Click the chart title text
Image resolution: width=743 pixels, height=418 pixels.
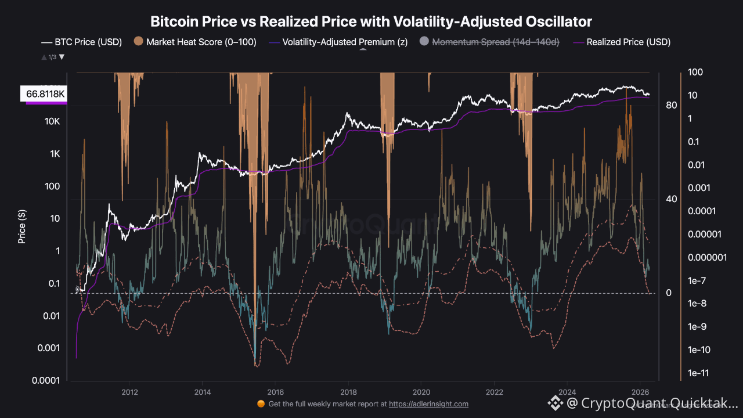pyautogui.click(x=371, y=22)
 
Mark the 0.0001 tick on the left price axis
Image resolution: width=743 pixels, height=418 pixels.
pyautogui.click(x=48, y=381)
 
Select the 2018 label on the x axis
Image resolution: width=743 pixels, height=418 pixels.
pyautogui.click(x=348, y=392)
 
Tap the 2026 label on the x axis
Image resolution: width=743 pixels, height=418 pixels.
pyautogui.click(x=640, y=392)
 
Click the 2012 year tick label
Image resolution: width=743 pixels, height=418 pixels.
pyautogui.click(x=129, y=392)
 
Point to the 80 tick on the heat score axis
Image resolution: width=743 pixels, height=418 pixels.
pyautogui.click(x=672, y=105)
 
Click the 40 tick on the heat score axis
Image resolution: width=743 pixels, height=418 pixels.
pyautogui.click(x=672, y=199)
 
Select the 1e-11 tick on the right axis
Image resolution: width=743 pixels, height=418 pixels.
pyautogui.click(x=698, y=373)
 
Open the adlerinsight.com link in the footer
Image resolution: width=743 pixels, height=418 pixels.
pyautogui.click(x=428, y=404)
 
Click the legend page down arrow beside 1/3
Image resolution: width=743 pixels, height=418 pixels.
pyautogui.click(x=62, y=57)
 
